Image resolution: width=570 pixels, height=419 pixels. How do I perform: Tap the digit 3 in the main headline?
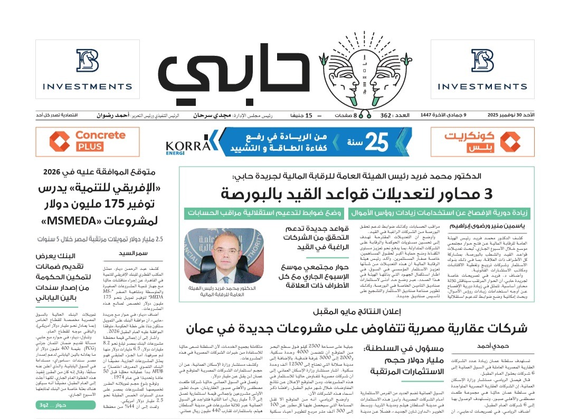[x=487, y=193]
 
